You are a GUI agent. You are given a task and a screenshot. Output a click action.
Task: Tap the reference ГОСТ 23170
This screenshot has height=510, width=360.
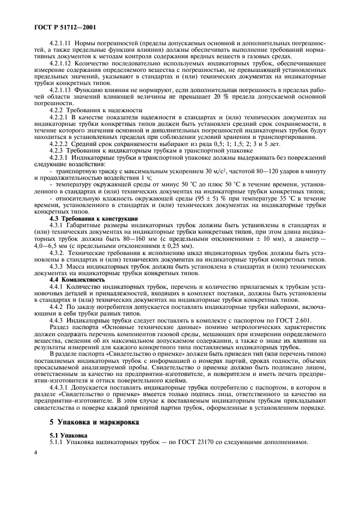pos(173,442)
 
